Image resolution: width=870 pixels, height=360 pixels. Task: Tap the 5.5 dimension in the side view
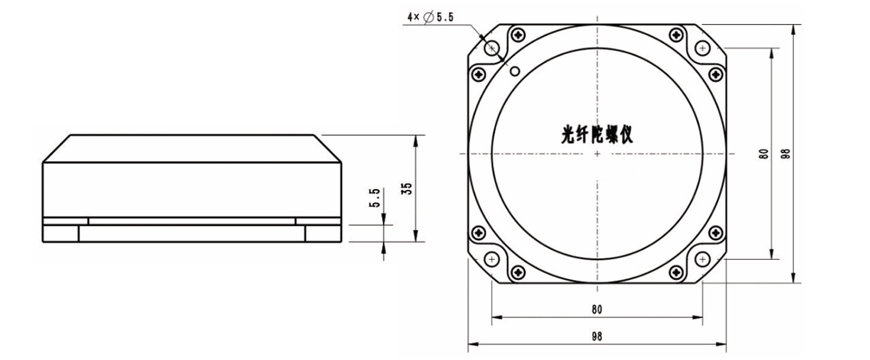click(x=374, y=198)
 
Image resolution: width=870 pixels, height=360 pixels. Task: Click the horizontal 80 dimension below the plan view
click(x=596, y=309)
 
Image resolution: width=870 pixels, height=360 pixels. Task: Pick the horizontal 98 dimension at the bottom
click(x=596, y=336)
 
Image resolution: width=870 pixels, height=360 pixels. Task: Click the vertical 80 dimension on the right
click(x=764, y=154)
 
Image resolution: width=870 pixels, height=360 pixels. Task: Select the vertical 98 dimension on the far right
click(x=785, y=154)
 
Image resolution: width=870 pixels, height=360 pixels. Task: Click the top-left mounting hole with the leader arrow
click(x=493, y=48)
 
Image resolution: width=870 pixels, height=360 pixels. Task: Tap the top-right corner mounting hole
click(x=703, y=48)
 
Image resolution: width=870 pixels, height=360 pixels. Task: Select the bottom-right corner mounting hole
click(x=703, y=259)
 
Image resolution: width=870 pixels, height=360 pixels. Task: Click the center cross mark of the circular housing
click(x=597, y=154)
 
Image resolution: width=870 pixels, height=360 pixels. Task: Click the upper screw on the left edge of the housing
click(x=479, y=73)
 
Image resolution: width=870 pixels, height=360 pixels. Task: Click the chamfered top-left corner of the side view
click(x=57, y=148)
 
